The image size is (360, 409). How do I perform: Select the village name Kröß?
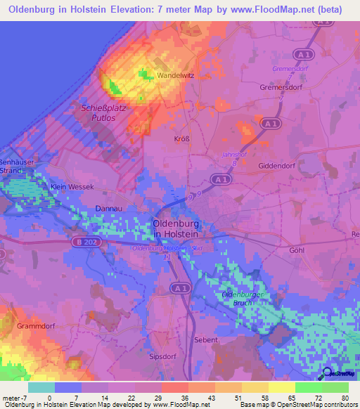click(181, 139)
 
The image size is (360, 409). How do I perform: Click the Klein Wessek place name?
click(72, 188)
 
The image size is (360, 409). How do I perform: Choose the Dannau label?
click(109, 209)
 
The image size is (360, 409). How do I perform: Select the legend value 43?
click(207, 397)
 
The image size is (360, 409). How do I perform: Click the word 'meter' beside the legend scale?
click(12, 397)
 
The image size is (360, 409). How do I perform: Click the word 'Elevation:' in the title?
click(141, 10)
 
